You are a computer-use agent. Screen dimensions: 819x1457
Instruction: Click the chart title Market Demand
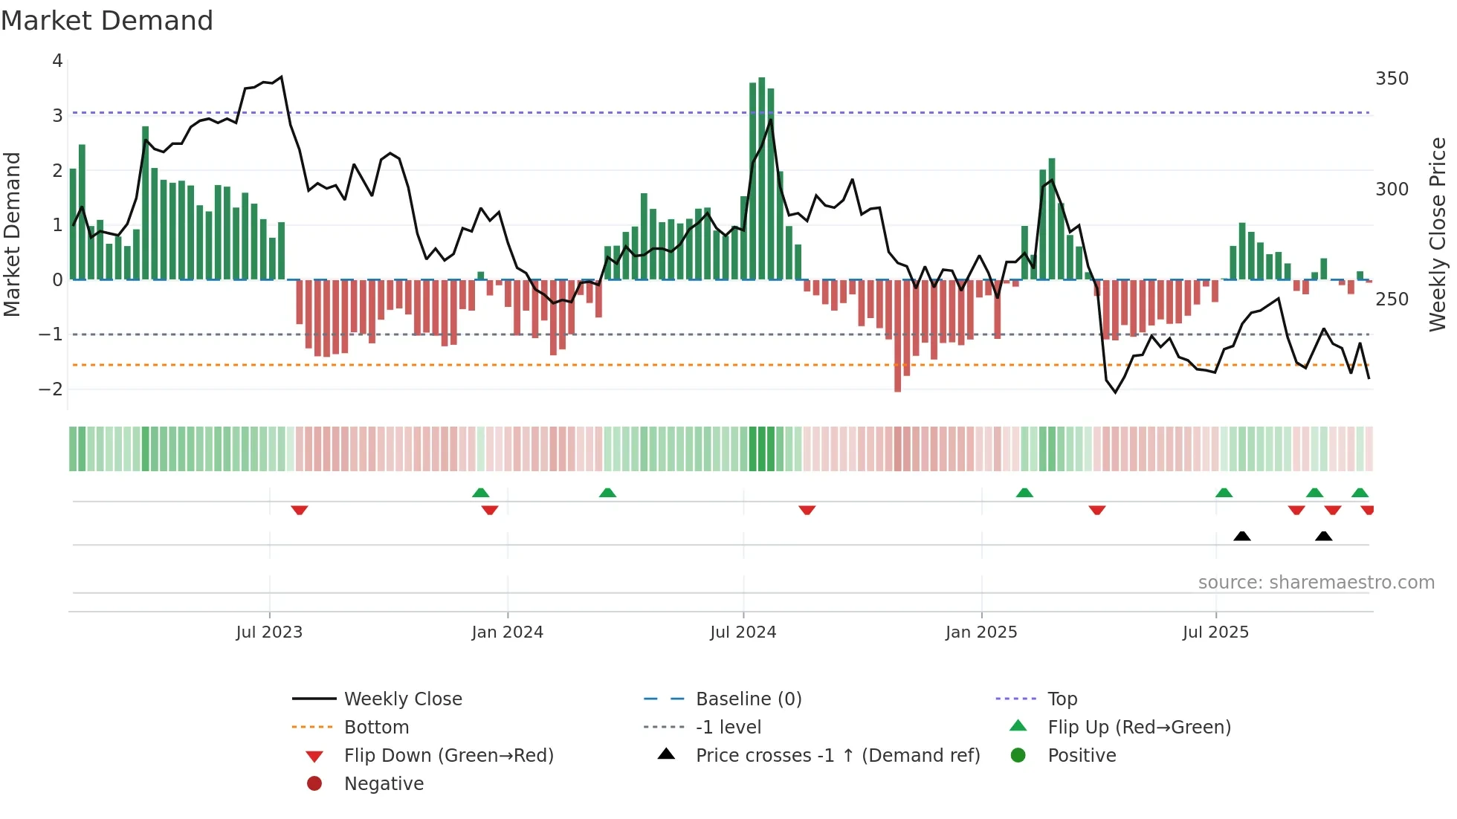click(x=107, y=21)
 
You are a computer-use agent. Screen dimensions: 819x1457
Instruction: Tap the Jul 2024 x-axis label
click(x=743, y=632)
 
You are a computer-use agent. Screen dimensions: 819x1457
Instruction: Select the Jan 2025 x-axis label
click(x=981, y=632)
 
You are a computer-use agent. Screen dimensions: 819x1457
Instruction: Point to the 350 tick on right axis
click(x=1392, y=79)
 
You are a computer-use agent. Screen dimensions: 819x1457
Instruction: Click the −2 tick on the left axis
click(x=51, y=389)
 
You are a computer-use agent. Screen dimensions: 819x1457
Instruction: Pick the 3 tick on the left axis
click(x=57, y=116)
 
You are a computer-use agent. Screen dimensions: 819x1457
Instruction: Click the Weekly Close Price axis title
click(x=1438, y=234)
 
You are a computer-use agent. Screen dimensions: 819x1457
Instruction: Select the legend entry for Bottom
click(x=376, y=728)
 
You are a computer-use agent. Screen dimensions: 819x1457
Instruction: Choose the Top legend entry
click(x=1062, y=699)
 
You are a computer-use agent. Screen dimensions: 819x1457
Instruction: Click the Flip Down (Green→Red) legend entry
click(x=448, y=756)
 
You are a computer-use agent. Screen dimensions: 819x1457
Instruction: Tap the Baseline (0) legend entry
click(x=748, y=699)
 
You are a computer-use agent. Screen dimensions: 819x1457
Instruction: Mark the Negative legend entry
click(x=384, y=784)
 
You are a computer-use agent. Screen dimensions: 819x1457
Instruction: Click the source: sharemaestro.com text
click(x=1316, y=583)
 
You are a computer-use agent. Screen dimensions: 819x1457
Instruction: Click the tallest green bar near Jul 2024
click(x=761, y=178)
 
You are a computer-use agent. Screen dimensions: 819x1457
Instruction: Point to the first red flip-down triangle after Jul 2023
click(x=300, y=511)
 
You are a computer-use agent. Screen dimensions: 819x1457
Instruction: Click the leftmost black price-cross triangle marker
click(x=1241, y=536)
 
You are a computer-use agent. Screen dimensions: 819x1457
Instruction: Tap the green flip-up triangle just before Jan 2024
click(x=481, y=493)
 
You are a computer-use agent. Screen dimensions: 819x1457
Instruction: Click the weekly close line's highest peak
click(x=281, y=77)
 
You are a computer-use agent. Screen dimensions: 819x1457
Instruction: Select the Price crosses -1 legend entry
click(x=837, y=756)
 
